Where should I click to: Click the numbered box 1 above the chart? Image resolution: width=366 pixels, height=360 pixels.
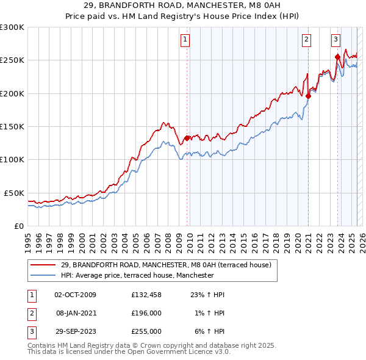[x=185, y=40]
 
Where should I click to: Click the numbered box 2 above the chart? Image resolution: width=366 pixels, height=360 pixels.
[x=306, y=40]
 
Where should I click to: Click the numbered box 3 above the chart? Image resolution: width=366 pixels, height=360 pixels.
[x=335, y=40]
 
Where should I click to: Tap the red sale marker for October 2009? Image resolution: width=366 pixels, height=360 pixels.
[x=187, y=138]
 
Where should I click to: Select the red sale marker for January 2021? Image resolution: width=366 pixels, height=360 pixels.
[x=309, y=96]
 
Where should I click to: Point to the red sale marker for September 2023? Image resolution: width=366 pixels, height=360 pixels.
[x=337, y=57]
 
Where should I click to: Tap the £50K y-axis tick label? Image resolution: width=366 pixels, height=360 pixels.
[x=15, y=193]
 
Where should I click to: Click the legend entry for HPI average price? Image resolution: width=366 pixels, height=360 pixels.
[x=137, y=275]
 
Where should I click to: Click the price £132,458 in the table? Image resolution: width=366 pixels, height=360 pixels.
[x=146, y=295]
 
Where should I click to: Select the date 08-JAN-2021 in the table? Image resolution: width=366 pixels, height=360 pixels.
[x=76, y=313]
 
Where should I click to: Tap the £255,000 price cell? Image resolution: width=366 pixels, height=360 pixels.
[x=146, y=331]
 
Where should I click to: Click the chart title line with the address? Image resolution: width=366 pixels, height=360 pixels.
[x=182, y=7]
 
